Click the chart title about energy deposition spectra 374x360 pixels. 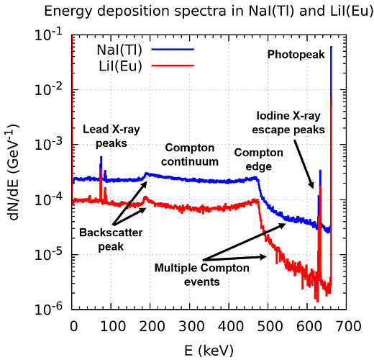(x=209, y=11)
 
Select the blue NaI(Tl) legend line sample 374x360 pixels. (x=173, y=50)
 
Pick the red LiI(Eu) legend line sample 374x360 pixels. (x=173, y=66)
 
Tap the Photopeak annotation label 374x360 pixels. (x=296, y=55)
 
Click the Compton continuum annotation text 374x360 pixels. (x=190, y=155)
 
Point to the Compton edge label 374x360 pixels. (x=258, y=159)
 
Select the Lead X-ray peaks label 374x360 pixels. (x=111, y=136)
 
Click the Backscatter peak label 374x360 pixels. (x=111, y=240)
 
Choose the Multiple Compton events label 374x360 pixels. (x=202, y=275)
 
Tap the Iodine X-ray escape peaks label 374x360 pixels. (x=288, y=122)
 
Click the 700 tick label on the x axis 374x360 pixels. (x=349, y=327)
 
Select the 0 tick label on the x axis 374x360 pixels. (x=74, y=327)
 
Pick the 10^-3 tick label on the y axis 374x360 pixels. (x=48, y=143)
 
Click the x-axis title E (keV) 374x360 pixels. (x=209, y=351)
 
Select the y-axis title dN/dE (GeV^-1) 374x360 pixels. (x=14, y=172)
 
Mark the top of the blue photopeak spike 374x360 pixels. (x=331, y=47)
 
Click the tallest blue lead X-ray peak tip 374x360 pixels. (x=101, y=157)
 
